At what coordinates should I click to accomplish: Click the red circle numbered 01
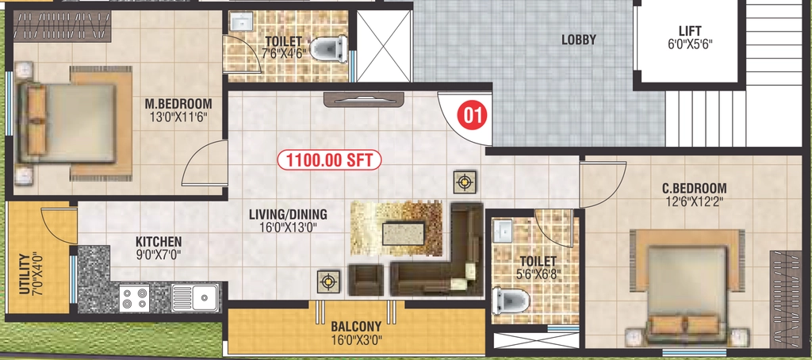point(471,116)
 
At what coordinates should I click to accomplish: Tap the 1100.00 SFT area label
point(329,160)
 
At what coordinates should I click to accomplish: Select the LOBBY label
point(579,40)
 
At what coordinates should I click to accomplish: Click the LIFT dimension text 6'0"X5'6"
point(691,44)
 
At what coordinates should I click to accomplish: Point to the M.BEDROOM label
point(178,104)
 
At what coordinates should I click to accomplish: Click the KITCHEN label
point(159,242)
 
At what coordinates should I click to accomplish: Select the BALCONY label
point(356,327)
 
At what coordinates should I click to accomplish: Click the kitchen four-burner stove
point(134,298)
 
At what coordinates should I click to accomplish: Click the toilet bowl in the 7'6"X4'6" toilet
point(327,48)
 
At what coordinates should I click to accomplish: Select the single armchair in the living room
point(366,280)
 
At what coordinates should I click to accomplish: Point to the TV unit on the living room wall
point(363,99)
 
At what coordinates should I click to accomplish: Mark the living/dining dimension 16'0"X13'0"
point(288,227)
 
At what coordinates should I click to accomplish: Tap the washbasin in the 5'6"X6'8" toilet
point(502,231)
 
